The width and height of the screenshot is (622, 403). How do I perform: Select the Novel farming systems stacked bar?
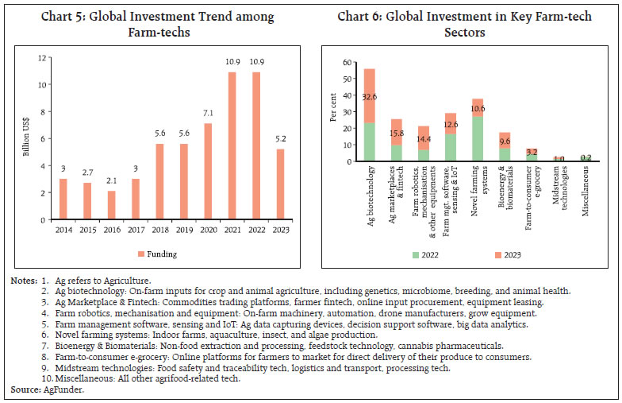click(x=477, y=130)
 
